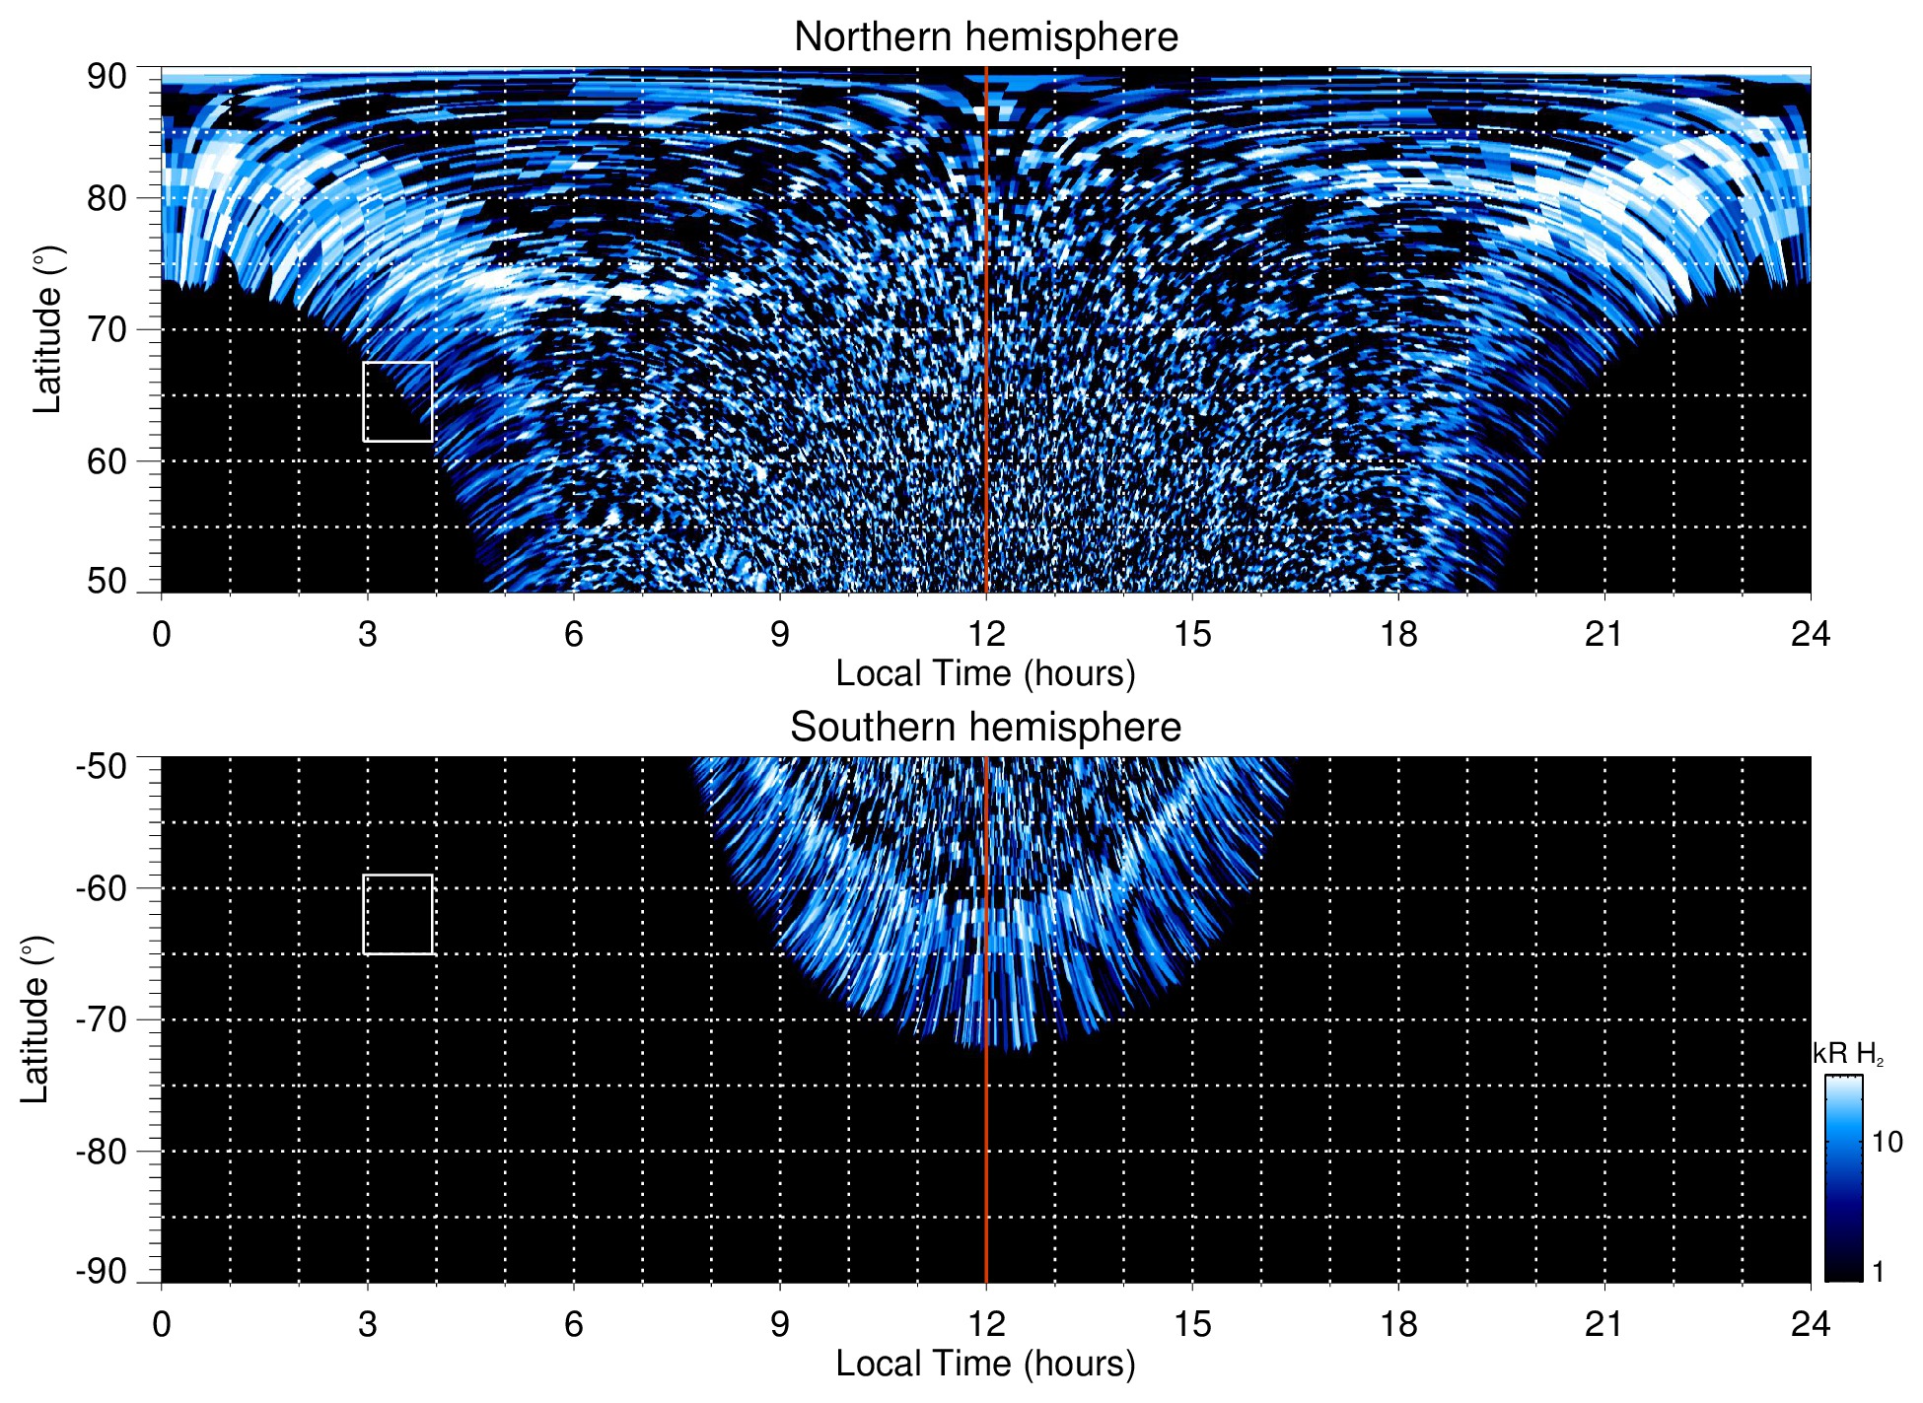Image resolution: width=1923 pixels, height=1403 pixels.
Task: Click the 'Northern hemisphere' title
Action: (985, 37)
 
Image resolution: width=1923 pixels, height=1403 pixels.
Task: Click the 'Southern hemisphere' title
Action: (985, 728)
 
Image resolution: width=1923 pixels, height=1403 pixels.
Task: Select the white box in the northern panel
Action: (397, 401)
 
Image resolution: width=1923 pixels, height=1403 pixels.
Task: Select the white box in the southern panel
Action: (397, 914)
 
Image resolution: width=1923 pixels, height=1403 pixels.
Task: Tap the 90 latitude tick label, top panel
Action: (107, 77)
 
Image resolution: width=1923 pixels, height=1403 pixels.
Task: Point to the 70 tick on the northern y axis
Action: (107, 329)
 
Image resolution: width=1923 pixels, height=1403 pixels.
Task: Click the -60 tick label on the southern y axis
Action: (102, 888)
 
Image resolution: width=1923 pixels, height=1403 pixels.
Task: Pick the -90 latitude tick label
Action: (102, 1271)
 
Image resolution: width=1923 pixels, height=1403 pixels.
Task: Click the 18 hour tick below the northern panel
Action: (1397, 634)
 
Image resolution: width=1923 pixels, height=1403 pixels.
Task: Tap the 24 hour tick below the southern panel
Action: (1810, 1324)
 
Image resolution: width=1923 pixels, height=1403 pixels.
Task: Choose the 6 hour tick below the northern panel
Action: (574, 634)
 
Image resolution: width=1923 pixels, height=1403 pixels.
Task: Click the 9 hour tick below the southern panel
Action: (780, 1324)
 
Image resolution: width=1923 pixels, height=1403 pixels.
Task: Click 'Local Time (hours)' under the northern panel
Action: (985, 673)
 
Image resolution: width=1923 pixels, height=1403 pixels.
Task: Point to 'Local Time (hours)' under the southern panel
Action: (985, 1364)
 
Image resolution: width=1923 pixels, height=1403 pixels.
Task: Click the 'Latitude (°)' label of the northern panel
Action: (47, 329)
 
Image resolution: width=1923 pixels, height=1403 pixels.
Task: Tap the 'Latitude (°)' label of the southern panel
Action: (36, 1019)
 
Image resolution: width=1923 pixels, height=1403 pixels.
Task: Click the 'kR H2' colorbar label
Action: (1847, 1054)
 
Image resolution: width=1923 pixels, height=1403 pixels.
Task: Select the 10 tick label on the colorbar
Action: (1887, 1142)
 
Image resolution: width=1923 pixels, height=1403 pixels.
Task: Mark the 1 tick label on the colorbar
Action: (1878, 1272)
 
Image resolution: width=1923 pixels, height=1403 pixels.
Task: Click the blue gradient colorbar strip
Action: (1843, 1178)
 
